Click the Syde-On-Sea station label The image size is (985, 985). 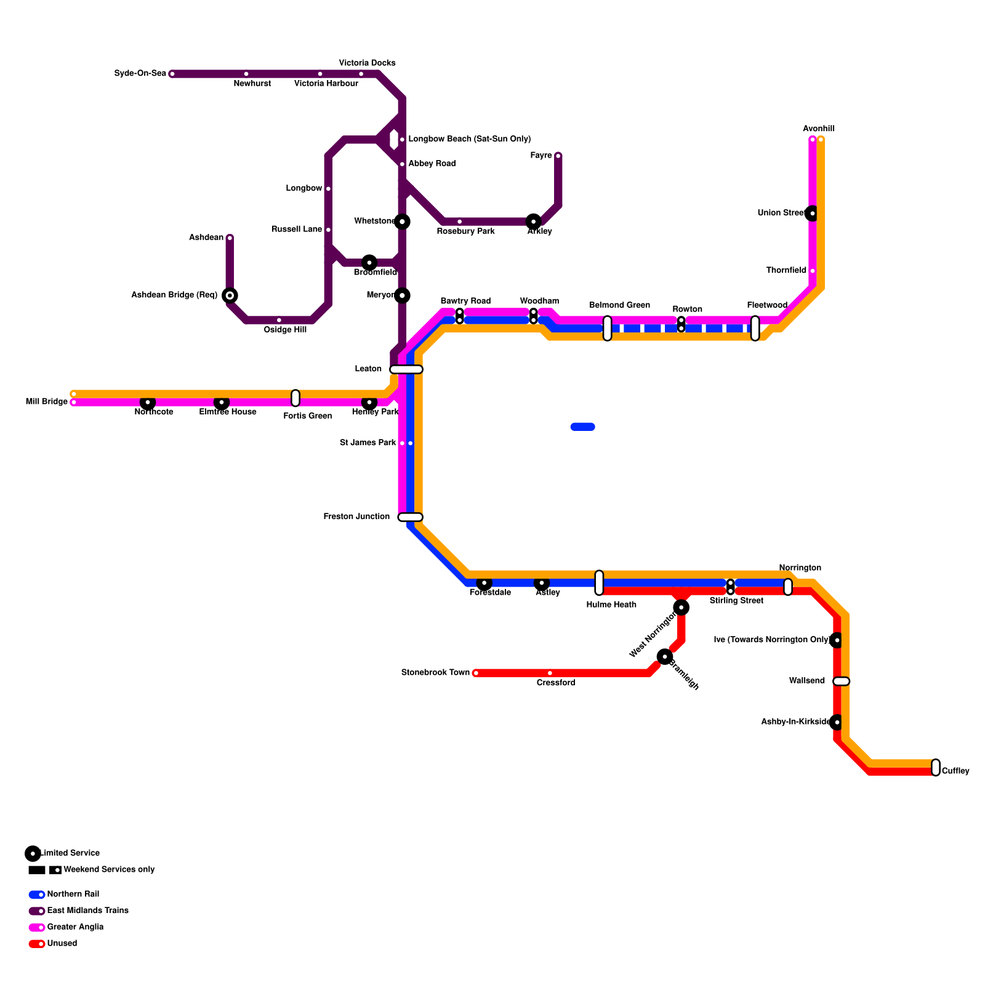pos(140,74)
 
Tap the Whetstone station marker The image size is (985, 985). pos(402,222)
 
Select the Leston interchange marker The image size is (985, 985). pos(406,369)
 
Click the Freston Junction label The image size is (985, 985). pos(356,517)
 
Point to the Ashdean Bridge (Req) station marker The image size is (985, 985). pos(230,295)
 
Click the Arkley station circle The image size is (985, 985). pos(534,222)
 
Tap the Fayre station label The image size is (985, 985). pos(541,156)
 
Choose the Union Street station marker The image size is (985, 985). pos(813,213)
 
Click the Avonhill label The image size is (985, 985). pos(818,129)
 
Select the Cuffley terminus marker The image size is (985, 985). pos(936,768)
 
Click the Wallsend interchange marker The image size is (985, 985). pos(842,681)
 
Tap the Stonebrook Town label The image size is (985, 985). pos(435,673)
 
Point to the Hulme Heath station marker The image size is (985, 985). pos(599,583)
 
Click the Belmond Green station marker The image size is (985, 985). pos(608,328)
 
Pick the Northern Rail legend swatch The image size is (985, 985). pos(37,895)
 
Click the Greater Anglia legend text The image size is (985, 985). pos(75,927)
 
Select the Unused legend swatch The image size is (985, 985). pos(37,944)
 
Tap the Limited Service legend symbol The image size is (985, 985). pos(33,853)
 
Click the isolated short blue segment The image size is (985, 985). pos(582,427)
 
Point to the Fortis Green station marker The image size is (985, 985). pos(295,398)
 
